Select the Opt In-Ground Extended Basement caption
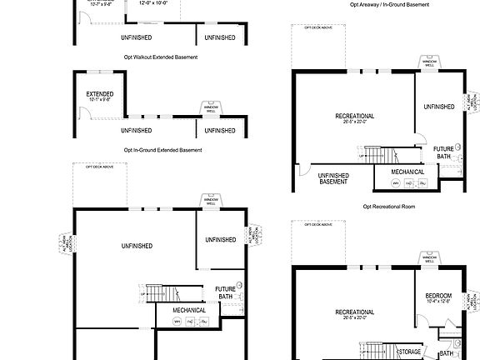tap(162, 150)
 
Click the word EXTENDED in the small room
tap(100, 94)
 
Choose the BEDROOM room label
tap(438, 296)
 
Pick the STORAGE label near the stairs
tap(410, 352)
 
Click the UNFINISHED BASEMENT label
tap(333, 178)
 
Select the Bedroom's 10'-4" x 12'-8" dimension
tap(438, 302)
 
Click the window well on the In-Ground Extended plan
tap(211, 108)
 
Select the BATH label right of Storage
tap(447, 352)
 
